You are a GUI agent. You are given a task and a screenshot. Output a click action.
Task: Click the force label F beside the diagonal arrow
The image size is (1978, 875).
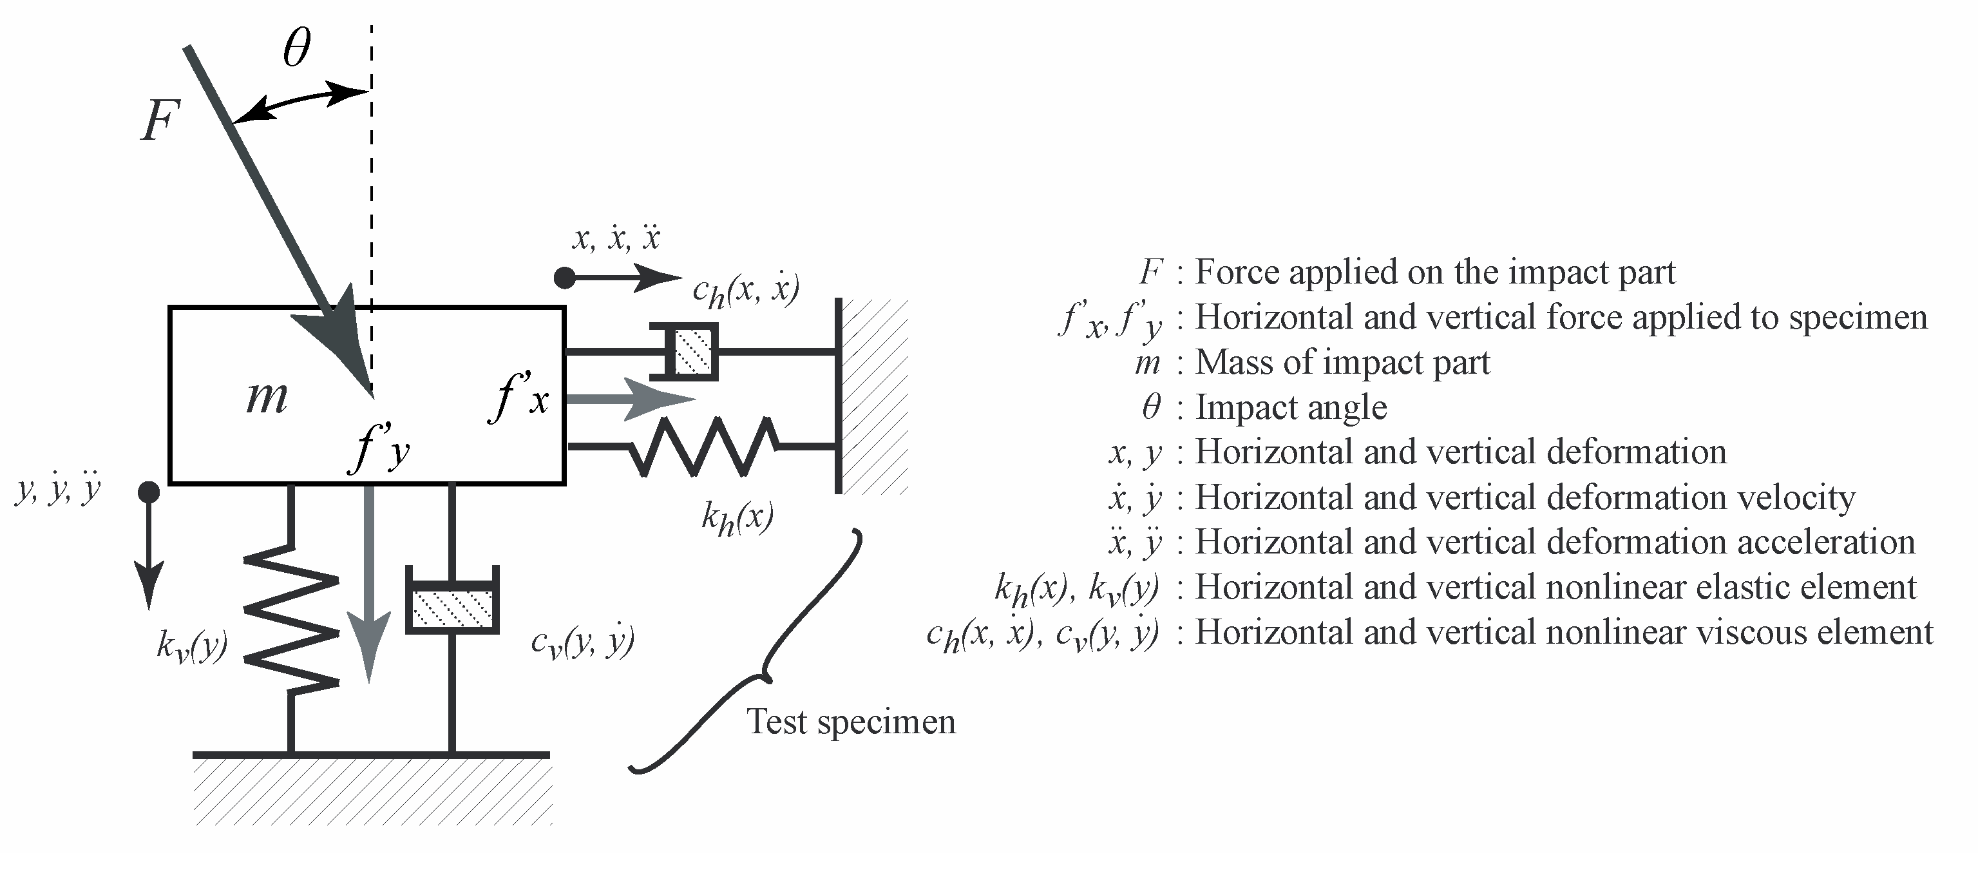[x=160, y=121]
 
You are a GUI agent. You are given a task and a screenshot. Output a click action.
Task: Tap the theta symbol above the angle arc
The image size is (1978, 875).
[x=296, y=48]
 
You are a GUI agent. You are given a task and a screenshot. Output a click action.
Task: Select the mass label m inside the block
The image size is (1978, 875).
[x=267, y=397]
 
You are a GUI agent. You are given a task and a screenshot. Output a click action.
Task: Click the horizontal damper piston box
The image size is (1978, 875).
[x=694, y=352]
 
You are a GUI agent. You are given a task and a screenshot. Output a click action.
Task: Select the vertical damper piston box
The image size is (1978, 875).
[x=452, y=608]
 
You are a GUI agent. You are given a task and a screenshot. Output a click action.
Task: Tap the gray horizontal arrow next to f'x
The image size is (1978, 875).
[x=630, y=399]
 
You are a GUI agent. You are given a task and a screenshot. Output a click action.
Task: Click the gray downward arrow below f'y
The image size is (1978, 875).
[x=369, y=584]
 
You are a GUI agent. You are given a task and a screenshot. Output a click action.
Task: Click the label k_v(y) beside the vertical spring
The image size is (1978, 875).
[x=191, y=646]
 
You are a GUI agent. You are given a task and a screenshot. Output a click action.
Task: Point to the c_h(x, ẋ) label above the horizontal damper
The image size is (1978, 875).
[x=745, y=291]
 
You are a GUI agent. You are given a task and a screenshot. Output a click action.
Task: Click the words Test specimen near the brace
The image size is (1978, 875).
[x=851, y=722]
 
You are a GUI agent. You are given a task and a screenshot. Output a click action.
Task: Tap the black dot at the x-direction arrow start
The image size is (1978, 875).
[x=564, y=277]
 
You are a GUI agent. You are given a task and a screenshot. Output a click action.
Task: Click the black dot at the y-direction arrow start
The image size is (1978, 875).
[x=149, y=492]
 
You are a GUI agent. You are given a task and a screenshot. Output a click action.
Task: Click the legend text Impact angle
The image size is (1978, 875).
[x=1291, y=407]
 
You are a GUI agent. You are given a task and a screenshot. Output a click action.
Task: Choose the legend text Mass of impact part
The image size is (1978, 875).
[x=1342, y=362]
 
